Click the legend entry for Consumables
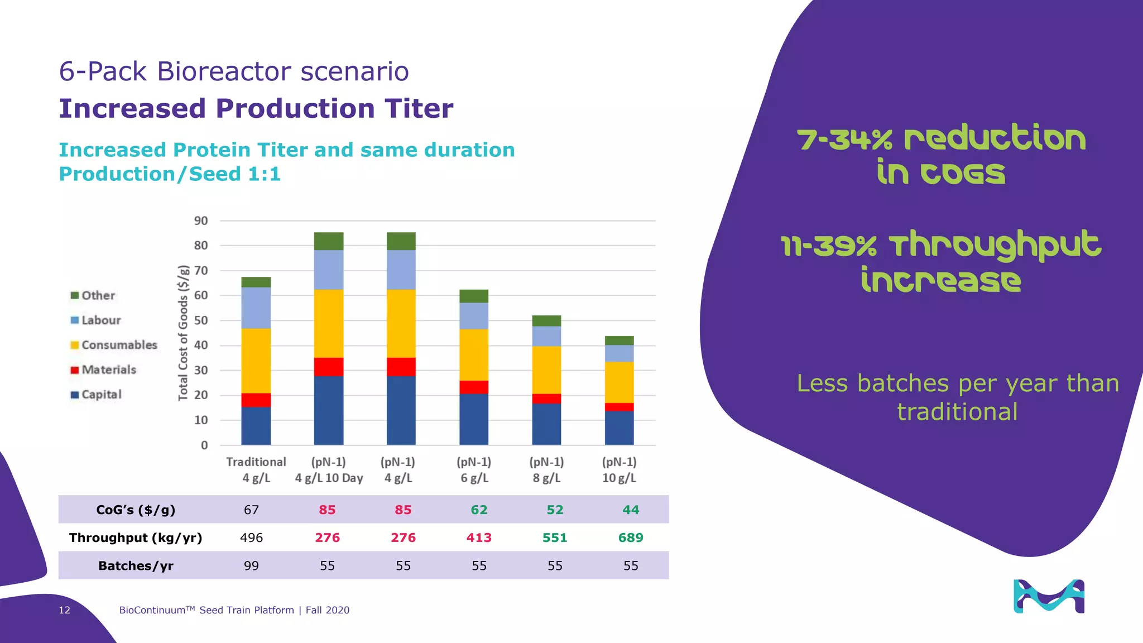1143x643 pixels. (x=114, y=345)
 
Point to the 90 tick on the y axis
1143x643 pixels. (x=201, y=220)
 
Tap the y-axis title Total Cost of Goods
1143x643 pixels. (x=183, y=333)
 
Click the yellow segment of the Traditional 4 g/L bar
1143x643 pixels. (x=256, y=361)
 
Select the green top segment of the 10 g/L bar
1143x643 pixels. (x=619, y=340)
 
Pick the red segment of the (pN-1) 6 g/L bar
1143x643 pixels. (x=474, y=387)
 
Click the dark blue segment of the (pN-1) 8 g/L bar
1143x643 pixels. (x=546, y=424)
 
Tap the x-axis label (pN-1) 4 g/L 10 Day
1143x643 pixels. (x=329, y=470)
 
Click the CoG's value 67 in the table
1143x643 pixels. (x=251, y=510)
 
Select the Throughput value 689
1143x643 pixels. (x=631, y=538)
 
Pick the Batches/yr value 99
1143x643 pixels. (x=251, y=565)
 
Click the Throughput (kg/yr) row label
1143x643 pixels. (x=136, y=538)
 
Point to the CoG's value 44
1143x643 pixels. (x=631, y=510)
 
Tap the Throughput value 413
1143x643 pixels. (x=479, y=538)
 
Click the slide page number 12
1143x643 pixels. (x=65, y=610)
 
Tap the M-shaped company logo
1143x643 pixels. (x=1049, y=596)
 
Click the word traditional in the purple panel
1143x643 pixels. (x=957, y=412)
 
